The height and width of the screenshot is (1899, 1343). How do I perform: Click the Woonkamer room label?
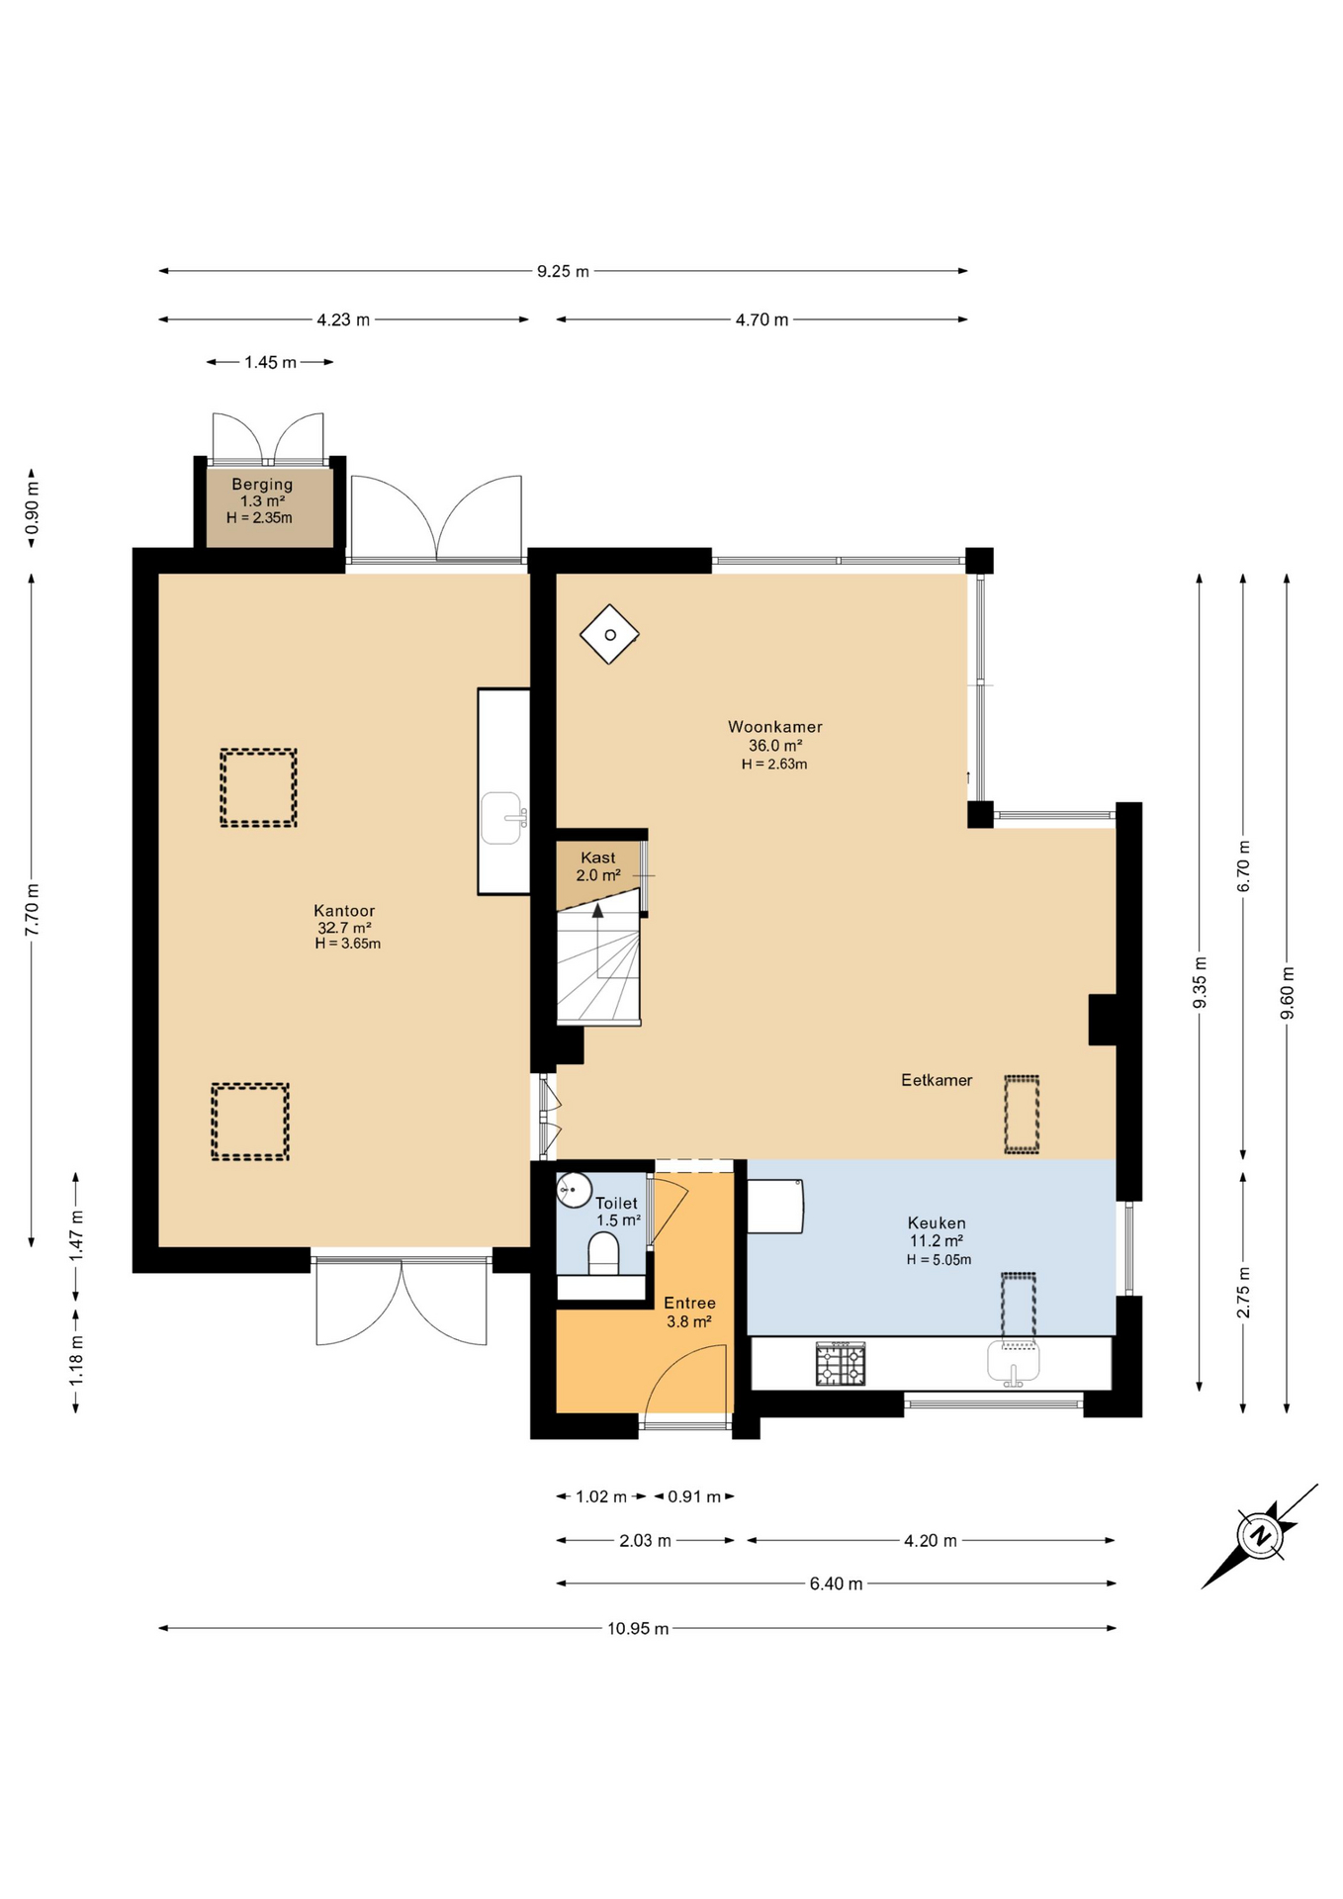(774, 727)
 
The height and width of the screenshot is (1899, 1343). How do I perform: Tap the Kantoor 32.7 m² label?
(344, 927)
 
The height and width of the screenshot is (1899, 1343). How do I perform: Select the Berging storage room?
(263, 505)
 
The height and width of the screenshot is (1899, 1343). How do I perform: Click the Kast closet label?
(597, 859)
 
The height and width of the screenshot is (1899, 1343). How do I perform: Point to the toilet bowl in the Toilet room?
(603, 1258)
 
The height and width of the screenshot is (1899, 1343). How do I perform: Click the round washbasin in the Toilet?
(574, 1190)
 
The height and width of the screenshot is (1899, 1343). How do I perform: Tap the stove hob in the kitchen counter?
(840, 1364)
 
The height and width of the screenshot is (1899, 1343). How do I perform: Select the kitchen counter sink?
(1013, 1362)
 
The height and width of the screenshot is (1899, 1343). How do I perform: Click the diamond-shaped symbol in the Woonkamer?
(609, 634)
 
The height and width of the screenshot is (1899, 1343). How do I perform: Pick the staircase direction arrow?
(597, 911)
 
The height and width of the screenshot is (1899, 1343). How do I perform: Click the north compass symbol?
(1260, 1536)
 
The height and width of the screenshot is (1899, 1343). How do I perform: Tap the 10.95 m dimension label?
(638, 1629)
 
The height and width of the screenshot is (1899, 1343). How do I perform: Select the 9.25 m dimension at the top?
(563, 271)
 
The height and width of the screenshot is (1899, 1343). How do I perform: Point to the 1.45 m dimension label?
(270, 363)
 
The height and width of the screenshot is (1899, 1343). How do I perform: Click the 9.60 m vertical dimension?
(1287, 993)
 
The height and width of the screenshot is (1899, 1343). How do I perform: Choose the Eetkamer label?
(936, 1080)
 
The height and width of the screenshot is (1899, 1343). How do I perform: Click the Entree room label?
(689, 1304)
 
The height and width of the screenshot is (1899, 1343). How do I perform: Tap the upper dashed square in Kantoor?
(258, 787)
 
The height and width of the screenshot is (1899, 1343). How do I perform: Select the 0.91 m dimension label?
(694, 1496)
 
